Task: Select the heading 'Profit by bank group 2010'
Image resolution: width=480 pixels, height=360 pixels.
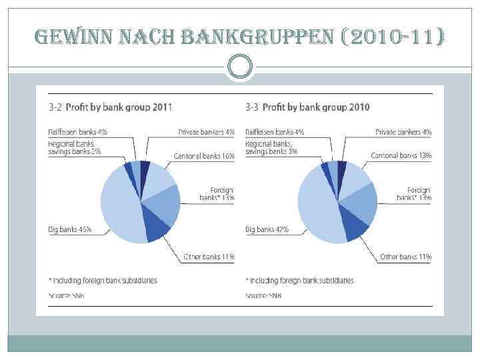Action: coord(312,107)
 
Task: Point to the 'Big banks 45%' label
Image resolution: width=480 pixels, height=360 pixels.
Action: coord(69,230)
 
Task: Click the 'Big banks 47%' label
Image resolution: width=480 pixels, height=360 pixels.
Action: coord(267,230)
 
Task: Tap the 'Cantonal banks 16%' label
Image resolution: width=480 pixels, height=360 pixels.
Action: coord(204,156)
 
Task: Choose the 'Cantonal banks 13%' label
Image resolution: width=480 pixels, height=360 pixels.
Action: coord(401,156)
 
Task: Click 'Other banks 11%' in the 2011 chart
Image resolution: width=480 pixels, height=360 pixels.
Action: coord(209,257)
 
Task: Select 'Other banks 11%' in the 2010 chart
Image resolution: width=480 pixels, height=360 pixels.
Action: coord(406,257)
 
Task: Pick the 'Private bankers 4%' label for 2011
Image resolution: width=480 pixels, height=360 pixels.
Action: coord(206,132)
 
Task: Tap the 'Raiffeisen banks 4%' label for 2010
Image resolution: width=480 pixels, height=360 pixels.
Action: coord(275,132)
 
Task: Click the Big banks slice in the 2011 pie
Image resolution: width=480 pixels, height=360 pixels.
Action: coord(120,207)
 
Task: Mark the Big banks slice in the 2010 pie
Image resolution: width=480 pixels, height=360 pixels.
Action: coord(317,207)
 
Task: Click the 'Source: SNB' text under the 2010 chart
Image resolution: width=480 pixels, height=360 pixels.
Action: coord(263,295)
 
